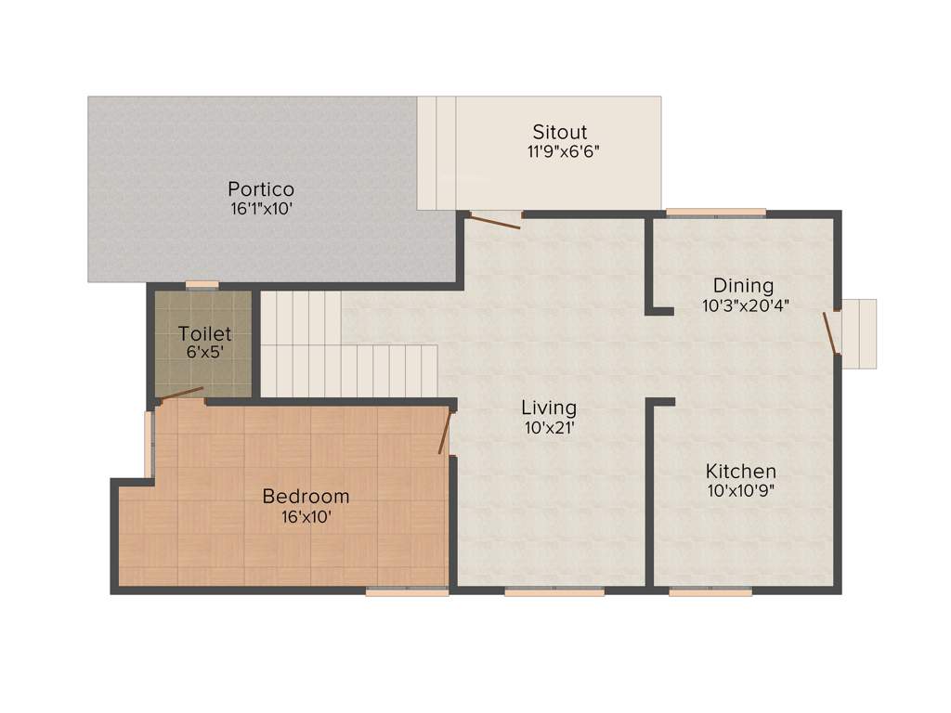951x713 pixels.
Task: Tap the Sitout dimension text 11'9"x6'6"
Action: [564, 152]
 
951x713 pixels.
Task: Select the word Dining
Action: [743, 285]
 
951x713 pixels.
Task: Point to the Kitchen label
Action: [740, 471]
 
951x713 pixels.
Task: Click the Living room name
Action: [548, 408]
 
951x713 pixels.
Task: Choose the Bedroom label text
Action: [306, 496]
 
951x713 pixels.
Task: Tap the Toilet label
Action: [204, 333]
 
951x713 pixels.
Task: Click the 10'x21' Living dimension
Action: [549, 428]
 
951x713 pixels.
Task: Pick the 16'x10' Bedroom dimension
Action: [306, 516]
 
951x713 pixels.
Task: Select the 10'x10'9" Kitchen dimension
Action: [740, 491]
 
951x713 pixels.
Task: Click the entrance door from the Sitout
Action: [494, 220]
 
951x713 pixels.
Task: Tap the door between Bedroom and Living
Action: [446, 432]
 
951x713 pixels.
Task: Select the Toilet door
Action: [181, 395]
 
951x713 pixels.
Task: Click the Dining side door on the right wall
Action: [831, 332]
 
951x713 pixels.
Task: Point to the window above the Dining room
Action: [716, 213]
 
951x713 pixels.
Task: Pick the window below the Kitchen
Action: [710, 591]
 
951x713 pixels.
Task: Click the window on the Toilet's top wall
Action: [202, 284]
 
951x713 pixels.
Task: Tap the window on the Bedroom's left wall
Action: [149, 443]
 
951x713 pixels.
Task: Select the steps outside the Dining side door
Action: [859, 333]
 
